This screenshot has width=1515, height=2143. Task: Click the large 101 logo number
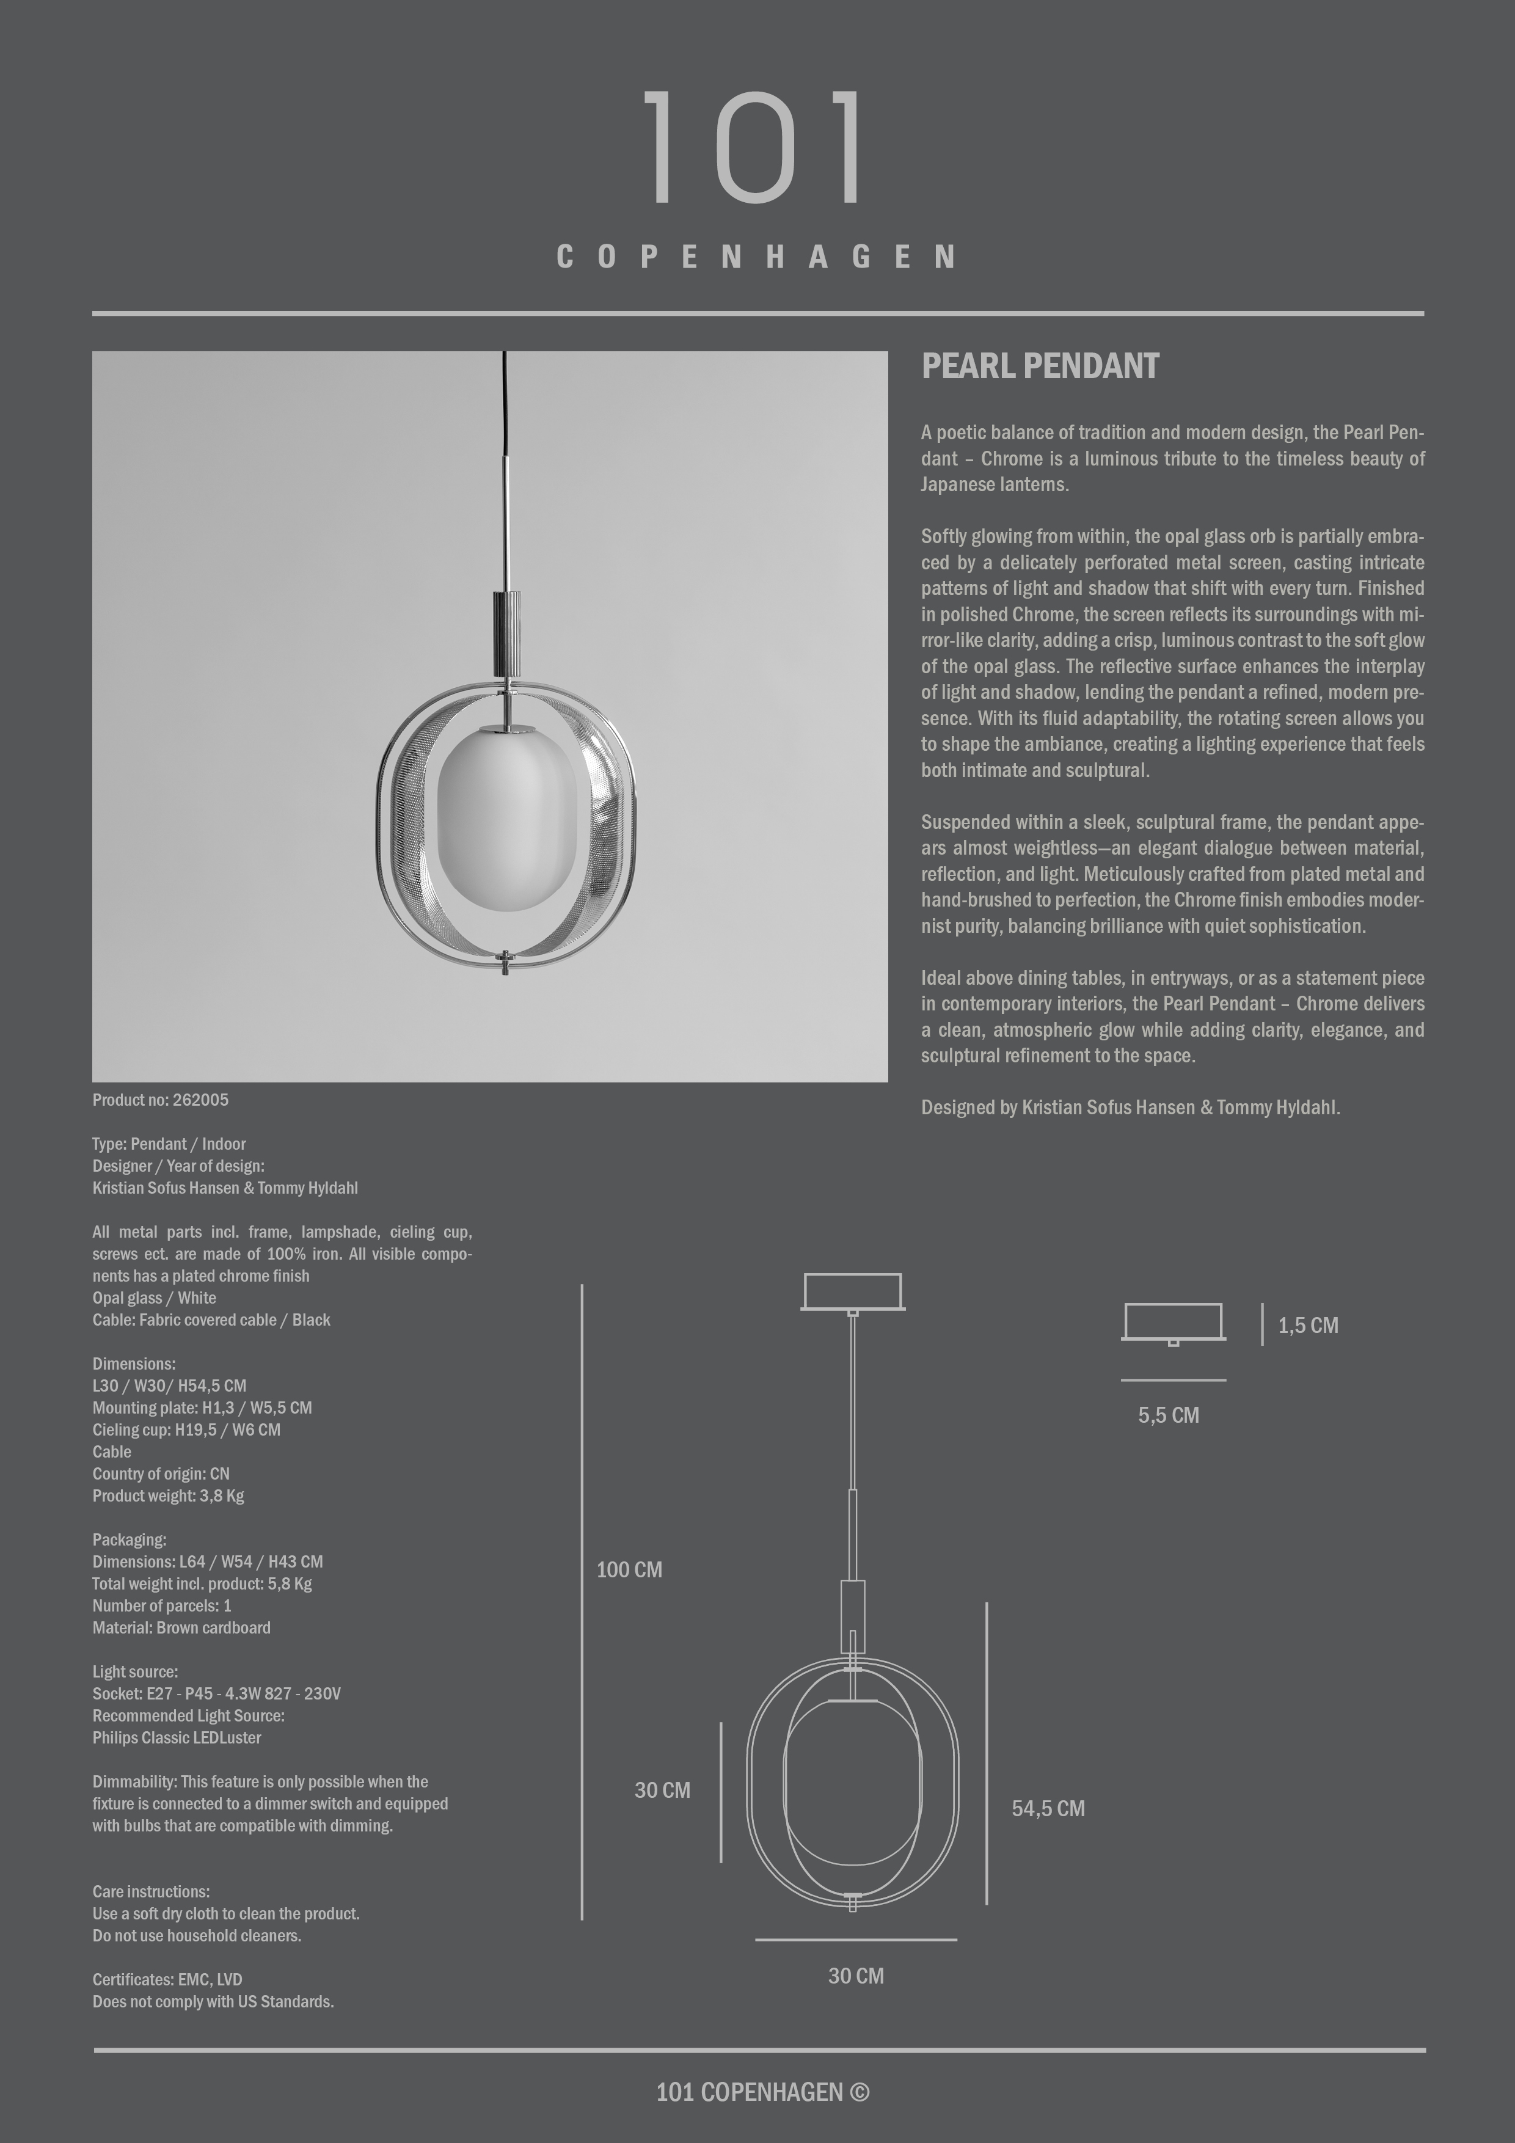(756, 147)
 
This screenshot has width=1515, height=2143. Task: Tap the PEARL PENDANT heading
(1040, 367)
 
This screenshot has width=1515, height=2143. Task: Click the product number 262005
(200, 1100)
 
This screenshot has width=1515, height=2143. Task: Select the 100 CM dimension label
(629, 1570)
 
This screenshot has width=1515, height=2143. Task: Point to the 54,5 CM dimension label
(1047, 1808)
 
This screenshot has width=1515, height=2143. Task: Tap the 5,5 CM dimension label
(1168, 1415)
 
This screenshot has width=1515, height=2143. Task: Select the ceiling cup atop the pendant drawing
(852, 1292)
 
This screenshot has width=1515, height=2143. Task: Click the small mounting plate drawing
(1174, 1323)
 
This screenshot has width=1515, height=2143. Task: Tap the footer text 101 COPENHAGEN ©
(762, 2092)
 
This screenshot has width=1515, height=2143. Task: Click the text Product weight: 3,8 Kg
(168, 1495)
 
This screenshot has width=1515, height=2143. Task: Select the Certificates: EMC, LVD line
(167, 1979)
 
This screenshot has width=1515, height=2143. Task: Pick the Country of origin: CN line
(161, 1474)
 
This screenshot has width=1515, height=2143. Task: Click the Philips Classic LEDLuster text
(177, 1738)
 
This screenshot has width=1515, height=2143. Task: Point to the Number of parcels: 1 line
(161, 1605)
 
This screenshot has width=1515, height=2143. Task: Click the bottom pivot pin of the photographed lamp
(505, 962)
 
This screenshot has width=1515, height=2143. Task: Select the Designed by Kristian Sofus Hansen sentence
(1130, 1108)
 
